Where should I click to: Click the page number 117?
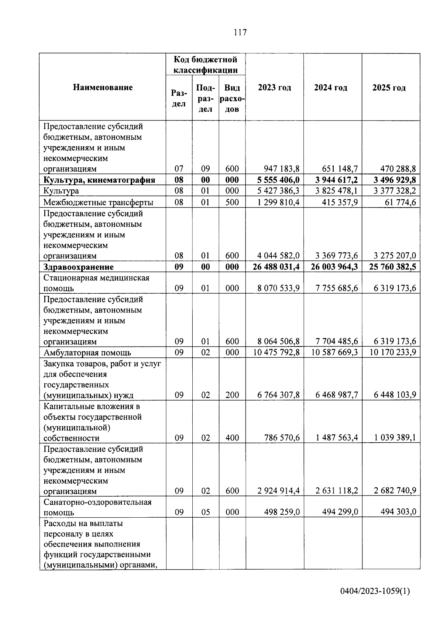coord(240,33)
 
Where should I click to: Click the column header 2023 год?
coord(274,88)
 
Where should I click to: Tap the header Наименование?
coord(103,88)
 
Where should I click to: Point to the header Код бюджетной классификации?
coord(205,65)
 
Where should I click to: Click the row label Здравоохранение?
coord(79,267)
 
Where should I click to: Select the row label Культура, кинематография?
coord(99,180)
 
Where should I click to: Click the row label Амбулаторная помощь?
coord(87,352)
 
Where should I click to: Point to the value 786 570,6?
coord(282,438)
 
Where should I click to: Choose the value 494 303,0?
coord(398,512)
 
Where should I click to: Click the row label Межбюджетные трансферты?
coord(99,202)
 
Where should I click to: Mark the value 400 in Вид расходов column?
coord(232,438)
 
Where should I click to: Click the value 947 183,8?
coord(282,169)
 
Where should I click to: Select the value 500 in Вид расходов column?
coord(232,202)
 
